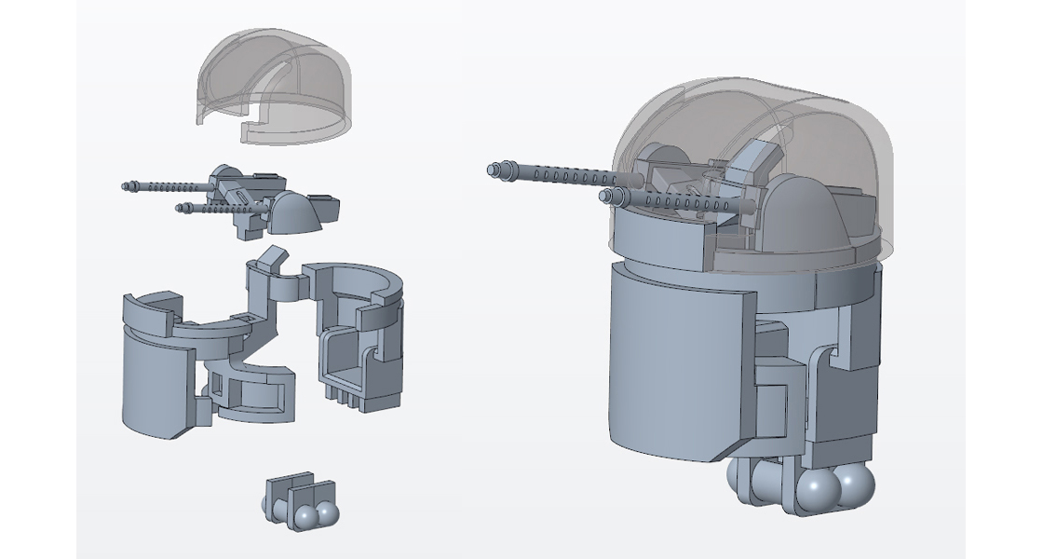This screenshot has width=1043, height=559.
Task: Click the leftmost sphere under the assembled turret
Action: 745,480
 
